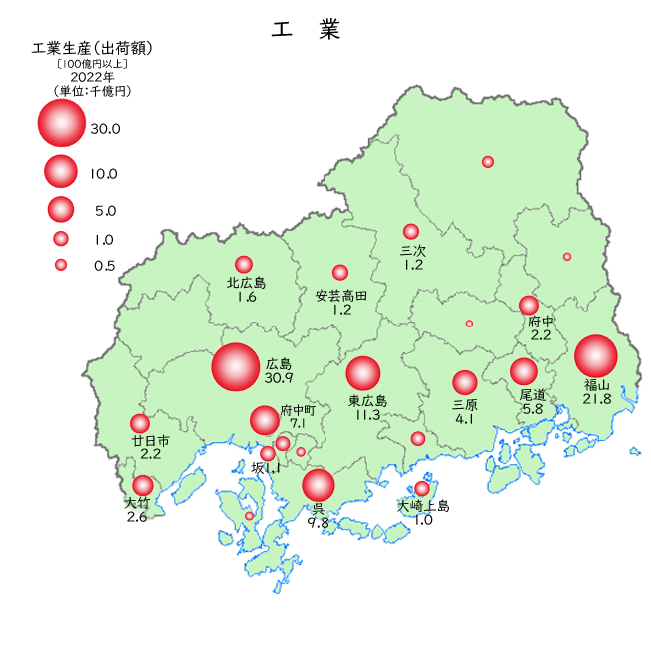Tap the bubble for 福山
pos(596,356)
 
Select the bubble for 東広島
pos(363,373)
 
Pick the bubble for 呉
pos(319,485)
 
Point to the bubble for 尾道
pos(524,371)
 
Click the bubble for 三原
pos(465,382)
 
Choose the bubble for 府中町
pos(265,420)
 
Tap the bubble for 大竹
pos(143,486)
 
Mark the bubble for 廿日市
pos(140,423)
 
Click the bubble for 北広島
pos(244,264)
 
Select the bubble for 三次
pos(411,232)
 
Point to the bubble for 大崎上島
pos(422,489)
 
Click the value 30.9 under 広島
pos(279,379)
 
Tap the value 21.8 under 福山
pos(597,399)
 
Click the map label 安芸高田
pos(341,296)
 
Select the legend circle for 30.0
pos(61,122)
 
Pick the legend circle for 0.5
pos(61,265)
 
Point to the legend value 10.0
pos(103,174)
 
